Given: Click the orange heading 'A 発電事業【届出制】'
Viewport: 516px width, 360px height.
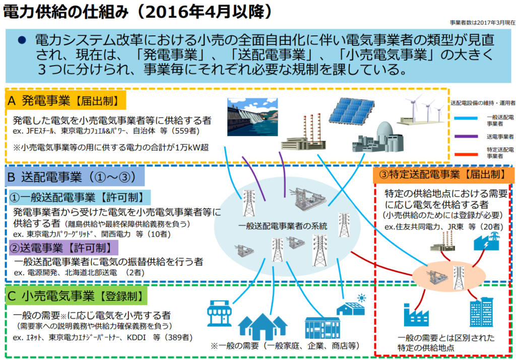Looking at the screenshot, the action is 66,100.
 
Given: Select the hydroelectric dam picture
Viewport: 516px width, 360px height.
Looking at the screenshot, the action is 252,117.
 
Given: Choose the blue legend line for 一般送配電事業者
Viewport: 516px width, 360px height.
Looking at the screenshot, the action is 466,118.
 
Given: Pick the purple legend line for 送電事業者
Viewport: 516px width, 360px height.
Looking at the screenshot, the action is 466,136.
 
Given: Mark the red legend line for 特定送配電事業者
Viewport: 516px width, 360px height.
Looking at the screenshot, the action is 466,154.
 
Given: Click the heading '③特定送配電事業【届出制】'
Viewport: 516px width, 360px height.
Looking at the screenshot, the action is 443,174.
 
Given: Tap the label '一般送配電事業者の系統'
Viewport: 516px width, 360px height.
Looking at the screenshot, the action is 283,226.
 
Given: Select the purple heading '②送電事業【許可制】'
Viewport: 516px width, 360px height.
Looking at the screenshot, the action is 63,248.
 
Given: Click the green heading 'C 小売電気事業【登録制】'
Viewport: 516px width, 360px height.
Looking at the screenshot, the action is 76,296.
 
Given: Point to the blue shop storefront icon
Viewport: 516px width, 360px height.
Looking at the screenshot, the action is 220,313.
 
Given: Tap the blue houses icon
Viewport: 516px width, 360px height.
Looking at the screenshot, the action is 263,326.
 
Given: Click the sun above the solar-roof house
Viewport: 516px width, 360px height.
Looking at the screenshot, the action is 361,298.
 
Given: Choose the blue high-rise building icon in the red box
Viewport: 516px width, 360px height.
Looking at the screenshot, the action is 482,312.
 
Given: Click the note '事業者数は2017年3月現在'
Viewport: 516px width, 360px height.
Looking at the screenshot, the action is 482,23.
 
